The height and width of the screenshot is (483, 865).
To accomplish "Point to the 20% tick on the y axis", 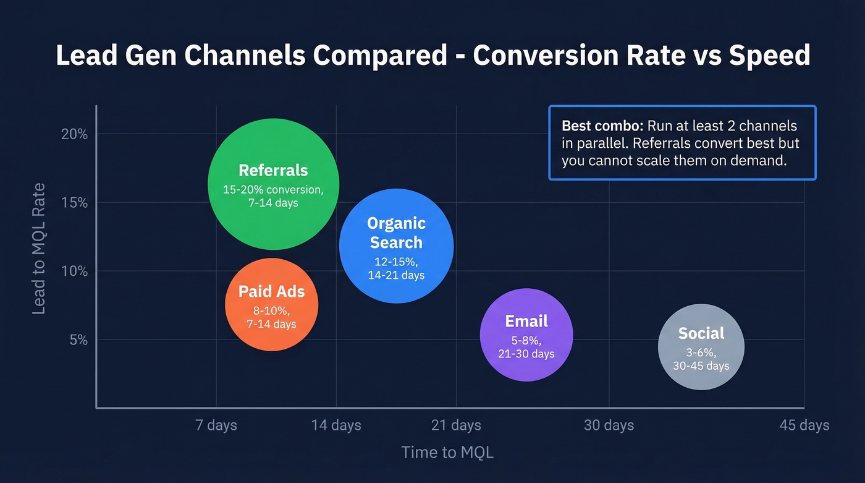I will point(74,134).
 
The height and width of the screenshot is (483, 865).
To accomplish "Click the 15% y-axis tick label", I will point(74,203).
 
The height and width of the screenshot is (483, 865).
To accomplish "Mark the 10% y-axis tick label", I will point(74,271).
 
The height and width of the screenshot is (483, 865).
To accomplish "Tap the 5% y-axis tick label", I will point(78,340).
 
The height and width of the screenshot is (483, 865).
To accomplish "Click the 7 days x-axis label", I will point(216,425).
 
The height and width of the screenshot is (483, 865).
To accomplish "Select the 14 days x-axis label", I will point(336,425).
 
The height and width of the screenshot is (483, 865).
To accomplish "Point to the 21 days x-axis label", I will point(456,425).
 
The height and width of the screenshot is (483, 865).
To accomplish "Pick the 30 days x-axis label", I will point(609,425).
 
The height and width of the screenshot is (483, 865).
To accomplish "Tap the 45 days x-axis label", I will point(804,425).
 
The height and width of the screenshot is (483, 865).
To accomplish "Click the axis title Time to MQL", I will point(447,452).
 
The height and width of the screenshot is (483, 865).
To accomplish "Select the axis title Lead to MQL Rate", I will point(39,249).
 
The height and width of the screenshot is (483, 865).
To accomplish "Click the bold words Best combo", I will point(602,126).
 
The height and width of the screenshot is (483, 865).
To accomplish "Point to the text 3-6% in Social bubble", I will point(701,353).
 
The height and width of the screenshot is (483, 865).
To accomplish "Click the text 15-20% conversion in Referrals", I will point(272,189).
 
